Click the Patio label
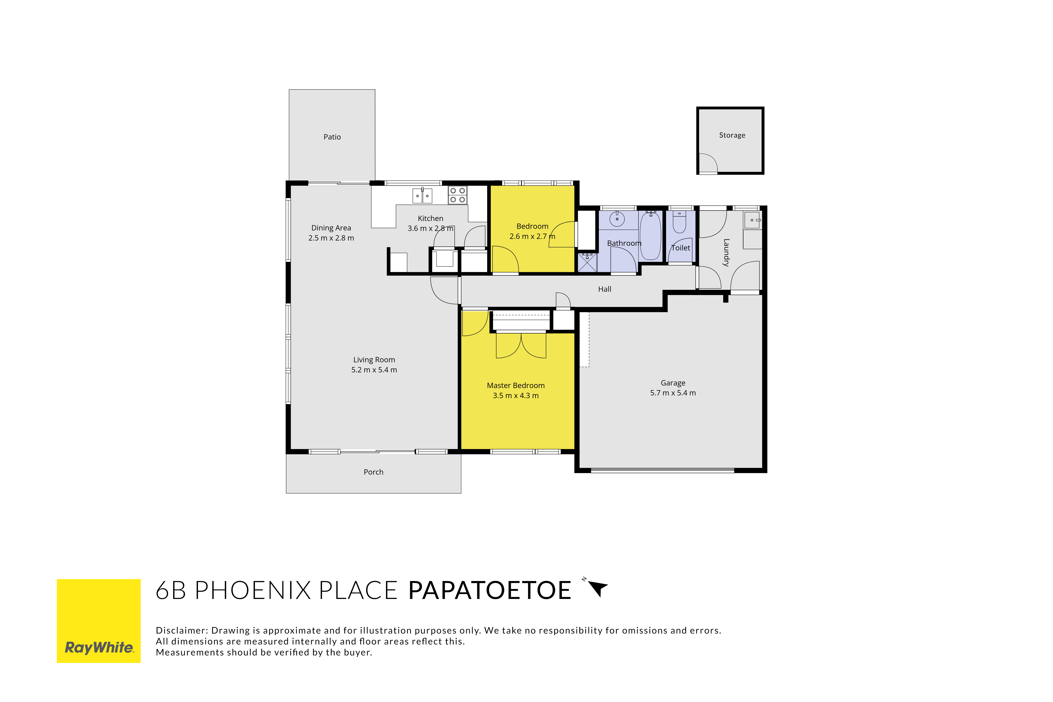pos(332,137)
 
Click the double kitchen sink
pos(422,196)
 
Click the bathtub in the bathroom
pos(650,236)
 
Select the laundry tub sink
pos(752,220)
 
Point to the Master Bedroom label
pos(516,385)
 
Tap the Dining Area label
pos(331,228)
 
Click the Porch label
pos(373,472)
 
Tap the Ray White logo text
pos(99,647)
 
